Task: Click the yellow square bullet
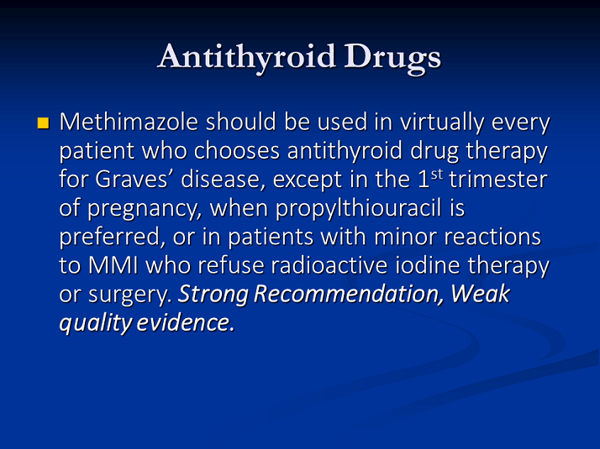pyautogui.click(x=43, y=123)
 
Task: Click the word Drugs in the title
pyautogui.click(x=392, y=58)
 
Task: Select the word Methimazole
pyautogui.click(x=129, y=122)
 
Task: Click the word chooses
pyautogui.click(x=237, y=150)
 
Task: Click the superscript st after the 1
pyautogui.click(x=437, y=175)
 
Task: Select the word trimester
pyautogui.click(x=498, y=180)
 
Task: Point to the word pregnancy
pyautogui.click(x=145, y=210)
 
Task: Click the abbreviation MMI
pyautogui.click(x=113, y=265)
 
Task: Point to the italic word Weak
pyautogui.click(x=480, y=294)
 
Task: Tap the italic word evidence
pyautogui.click(x=185, y=322)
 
